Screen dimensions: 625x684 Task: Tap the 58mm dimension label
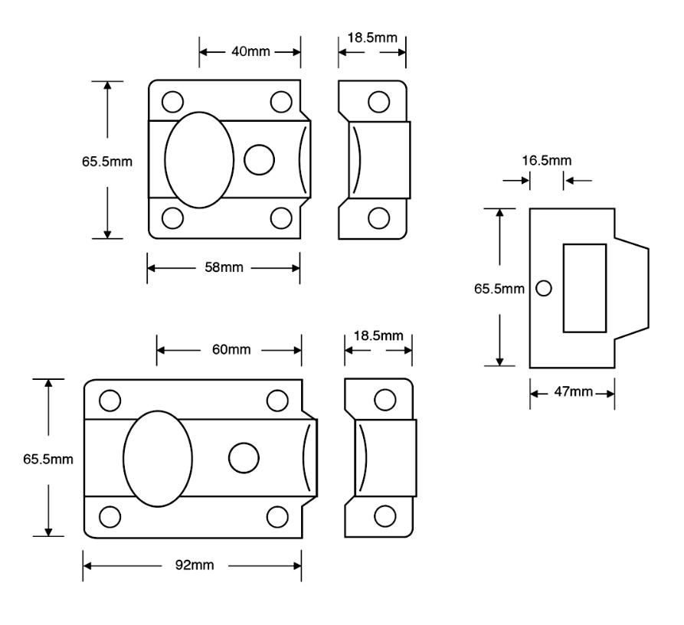point(223,268)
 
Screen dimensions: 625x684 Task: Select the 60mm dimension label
point(230,350)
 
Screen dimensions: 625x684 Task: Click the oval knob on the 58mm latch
point(199,159)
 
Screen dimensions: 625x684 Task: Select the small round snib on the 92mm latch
point(244,457)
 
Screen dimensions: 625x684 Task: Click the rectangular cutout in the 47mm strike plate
point(584,287)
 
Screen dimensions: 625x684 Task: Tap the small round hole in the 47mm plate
point(544,288)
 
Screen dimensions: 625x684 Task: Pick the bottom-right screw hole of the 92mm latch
point(277,515)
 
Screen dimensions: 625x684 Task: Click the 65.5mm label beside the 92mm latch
point(48,459)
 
